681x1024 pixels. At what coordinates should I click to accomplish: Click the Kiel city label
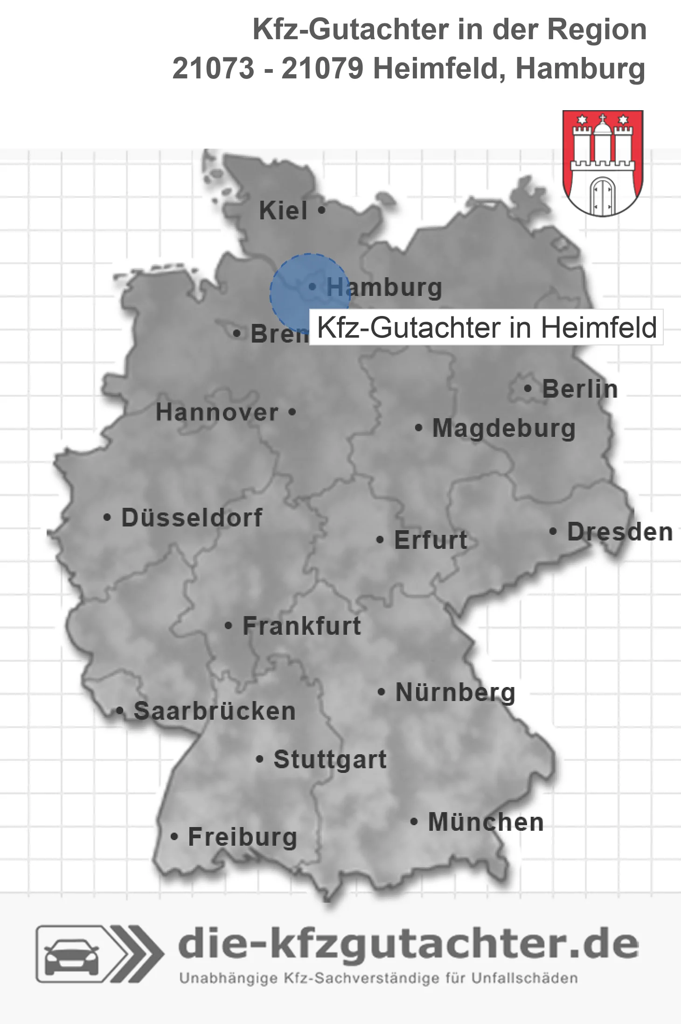(x=283, y=210)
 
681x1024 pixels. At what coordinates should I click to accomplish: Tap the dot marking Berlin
(x=528, y=388)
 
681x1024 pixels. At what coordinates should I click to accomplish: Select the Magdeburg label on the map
(x=504, y=428)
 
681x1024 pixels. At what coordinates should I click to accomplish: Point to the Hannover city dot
(x=292, y=412)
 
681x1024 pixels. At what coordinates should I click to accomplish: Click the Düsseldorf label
(x=192, y=518)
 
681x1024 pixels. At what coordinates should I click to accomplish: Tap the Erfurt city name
(x=431, y=540)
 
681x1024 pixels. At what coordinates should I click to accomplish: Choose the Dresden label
(x=620, y=532)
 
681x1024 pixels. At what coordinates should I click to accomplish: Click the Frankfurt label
(x=302, y=626)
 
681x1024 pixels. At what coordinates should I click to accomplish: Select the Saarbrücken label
(x=215, y=711)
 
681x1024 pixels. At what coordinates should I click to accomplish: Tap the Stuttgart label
(x=330, y=759)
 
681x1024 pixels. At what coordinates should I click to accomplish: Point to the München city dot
(x=414, y=821)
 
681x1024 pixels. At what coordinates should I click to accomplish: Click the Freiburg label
(x=243, y=837)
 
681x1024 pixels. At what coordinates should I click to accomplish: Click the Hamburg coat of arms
(x=603, y=163)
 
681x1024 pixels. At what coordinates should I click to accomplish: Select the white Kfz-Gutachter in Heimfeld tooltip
(x=486, y=327)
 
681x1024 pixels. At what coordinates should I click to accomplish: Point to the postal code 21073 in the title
(x=213, y=69)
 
